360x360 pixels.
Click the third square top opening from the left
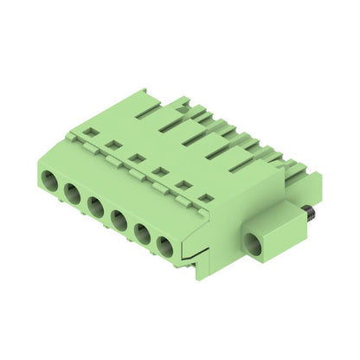coord(136,158)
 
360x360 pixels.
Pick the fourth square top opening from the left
coord(159,171)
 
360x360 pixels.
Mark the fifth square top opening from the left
coord(183,184)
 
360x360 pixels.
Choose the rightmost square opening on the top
coord(205,198)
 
